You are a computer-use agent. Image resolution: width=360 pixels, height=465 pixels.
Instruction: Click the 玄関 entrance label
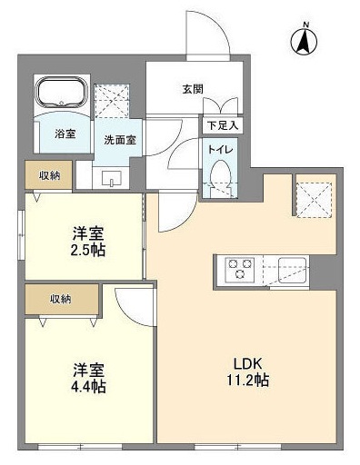(x=192, y=89)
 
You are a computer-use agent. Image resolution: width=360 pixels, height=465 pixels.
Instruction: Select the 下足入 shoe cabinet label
(x=221, y=125)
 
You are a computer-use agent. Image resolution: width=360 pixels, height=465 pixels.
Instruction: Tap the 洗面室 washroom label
(x=118, y=141)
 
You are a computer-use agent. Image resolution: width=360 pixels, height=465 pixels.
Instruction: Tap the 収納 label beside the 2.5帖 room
(x=49, y=174)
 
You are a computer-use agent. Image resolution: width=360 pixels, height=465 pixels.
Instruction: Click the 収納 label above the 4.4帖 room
(x=61, y=298)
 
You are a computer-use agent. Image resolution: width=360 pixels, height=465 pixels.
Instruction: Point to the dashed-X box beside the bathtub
(x=114, y=98)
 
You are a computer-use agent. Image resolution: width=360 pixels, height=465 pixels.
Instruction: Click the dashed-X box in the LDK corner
(x=312, y=197)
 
